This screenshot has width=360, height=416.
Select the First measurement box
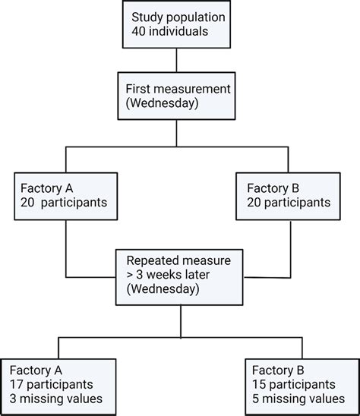[177, 95]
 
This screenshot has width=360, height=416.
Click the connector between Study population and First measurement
[177, 60]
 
